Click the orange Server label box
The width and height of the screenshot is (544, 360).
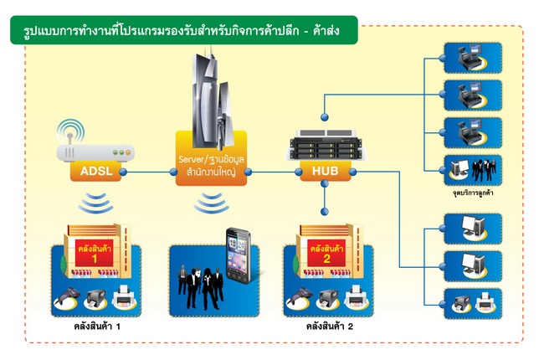click(x=211, y=165)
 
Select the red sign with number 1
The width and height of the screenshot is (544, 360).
click(x=95, y=255)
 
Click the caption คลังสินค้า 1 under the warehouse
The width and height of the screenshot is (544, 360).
click(x=97, y=326)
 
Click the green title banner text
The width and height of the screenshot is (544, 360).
click(x=181, y=33)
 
